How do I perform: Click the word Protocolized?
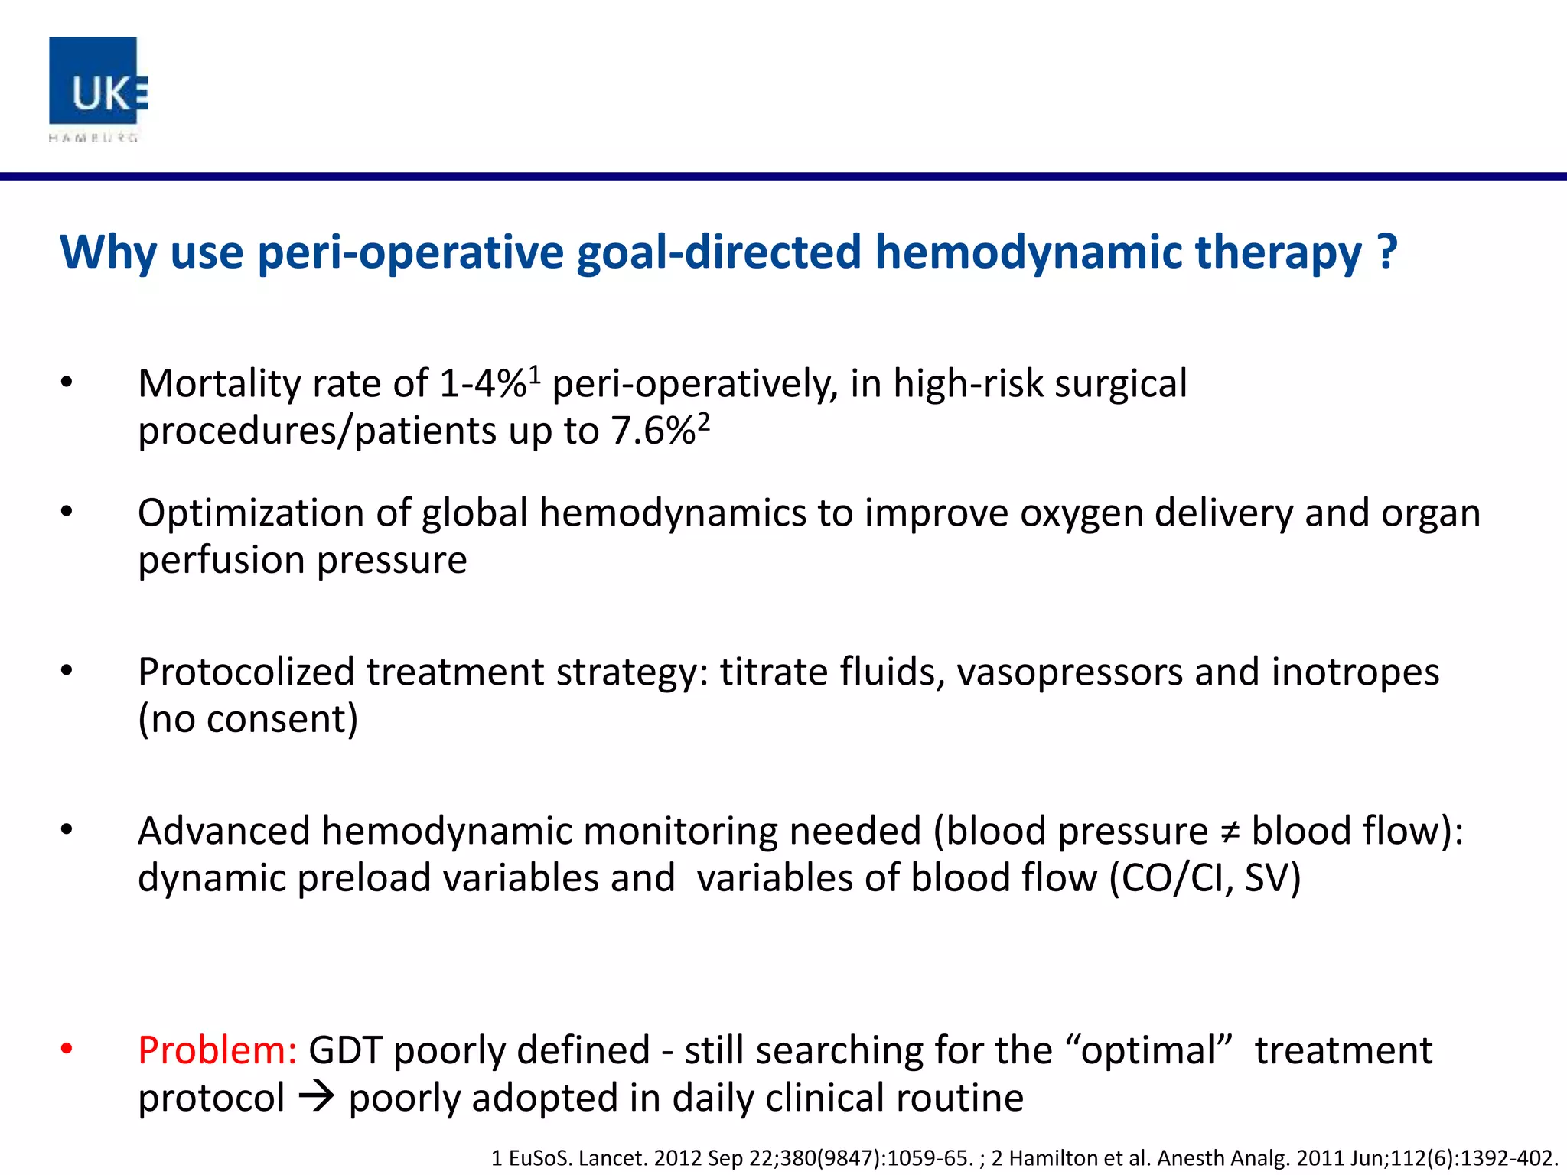click(x=246, y=672)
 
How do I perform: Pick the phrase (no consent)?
click(x=248, y=719)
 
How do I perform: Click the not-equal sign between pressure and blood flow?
click(x=1229, y=832)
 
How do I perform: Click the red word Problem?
click(x=217, y=1050)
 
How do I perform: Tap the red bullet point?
click(x=67, y=1049)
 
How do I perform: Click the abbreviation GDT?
click(x=344, y=1050)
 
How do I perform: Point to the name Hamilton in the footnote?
click(x=1054, y=1158)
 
